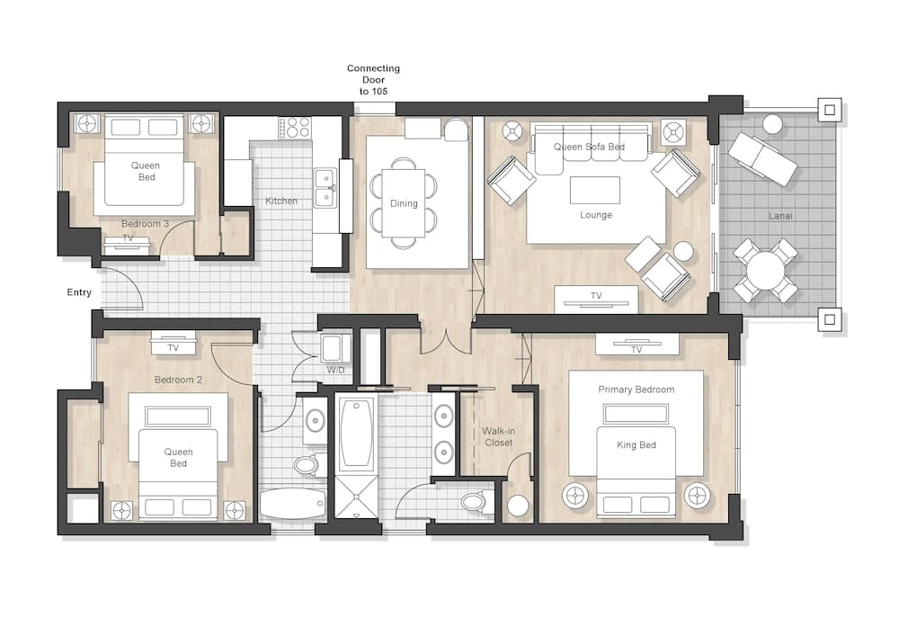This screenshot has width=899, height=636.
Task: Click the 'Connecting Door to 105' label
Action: pyautogui.click(x=373, y=80)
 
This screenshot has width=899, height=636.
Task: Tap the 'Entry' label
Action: pyautogui.click(x=79, y=292)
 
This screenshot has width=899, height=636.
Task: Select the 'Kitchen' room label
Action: pyautogui.click(x=281, y=202)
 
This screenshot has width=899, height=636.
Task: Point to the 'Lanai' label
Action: pyautogui.click(x=780, y=216)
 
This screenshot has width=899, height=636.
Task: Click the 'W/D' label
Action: pyautogui.click(x=336, y=371)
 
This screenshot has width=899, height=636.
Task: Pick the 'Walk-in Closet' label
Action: pyautogui.click(x=498, y=437)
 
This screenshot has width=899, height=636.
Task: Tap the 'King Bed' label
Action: pyautogui.click(x=636, y=445)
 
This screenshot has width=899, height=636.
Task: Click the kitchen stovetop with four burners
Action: pyautogui.click(x=295, y=128)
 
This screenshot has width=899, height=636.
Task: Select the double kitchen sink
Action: pyautogui.click(x=325, y=187)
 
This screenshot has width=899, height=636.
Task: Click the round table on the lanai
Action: pyautogui.click(x=765, y=271)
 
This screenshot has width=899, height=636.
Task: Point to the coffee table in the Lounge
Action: pyautogui.click(x=595, y=190)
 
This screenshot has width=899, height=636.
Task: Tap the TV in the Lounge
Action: pyautogui.click(x=596, y=300)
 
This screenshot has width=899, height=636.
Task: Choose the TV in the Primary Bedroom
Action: pyautogui.click(x=636, y=345)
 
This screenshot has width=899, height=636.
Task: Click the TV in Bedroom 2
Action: pyautogui.click(x=174, y=344)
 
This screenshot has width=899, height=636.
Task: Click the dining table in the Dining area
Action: pyautogui.click(x=404, y=203)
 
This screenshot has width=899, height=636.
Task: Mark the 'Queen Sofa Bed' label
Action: pyautogui.click(x=589, y=147)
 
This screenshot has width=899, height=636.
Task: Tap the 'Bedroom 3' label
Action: pyautogui.click(x=145, y=224)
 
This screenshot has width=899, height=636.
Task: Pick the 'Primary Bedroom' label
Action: pyautogui.click(x=636, y=390)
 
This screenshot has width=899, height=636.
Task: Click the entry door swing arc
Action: pyautogui.click(x=136, y=281)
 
